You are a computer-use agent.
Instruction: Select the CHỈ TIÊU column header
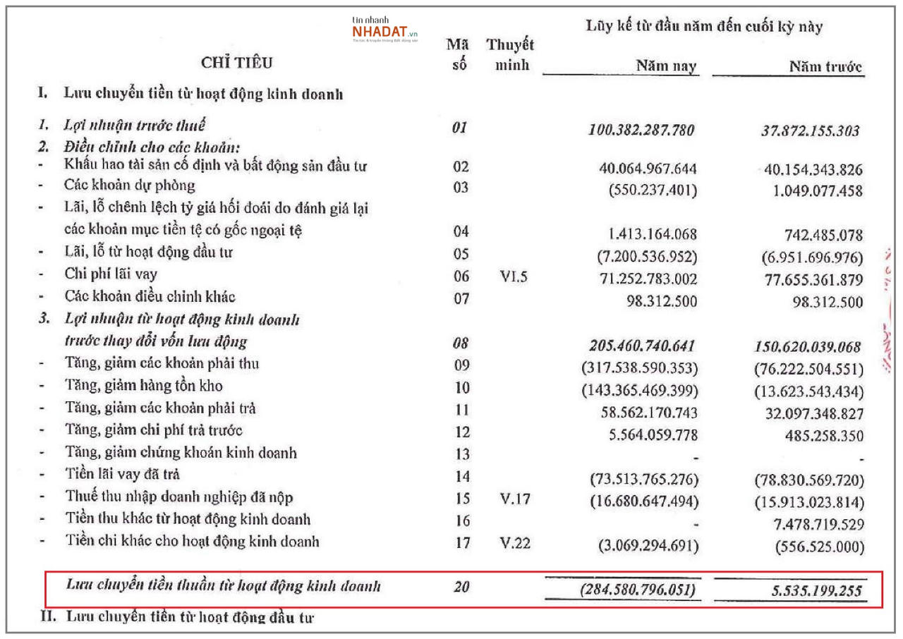236,63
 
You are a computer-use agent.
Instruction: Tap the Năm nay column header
665,67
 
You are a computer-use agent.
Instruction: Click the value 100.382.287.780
641,130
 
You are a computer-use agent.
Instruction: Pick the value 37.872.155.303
806,130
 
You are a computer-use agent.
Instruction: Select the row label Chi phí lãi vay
111,274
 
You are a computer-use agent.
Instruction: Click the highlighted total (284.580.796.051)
639,590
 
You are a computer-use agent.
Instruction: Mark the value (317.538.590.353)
639,367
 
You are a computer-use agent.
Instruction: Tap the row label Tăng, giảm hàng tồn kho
144,387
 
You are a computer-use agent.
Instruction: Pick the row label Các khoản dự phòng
130,186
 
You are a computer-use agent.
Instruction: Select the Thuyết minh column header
509,56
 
